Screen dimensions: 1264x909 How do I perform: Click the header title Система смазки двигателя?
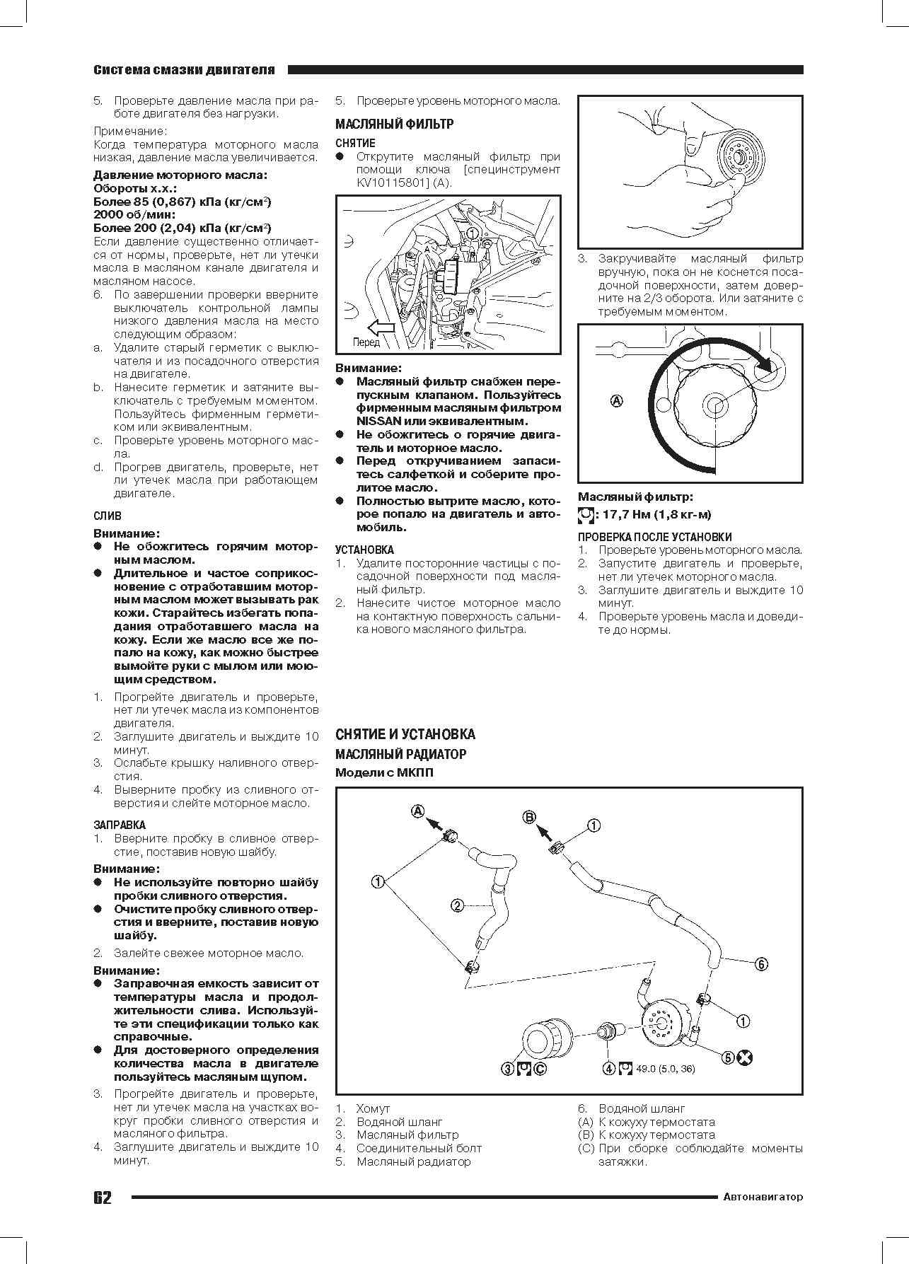184,70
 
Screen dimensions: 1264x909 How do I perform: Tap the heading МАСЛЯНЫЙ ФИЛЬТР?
394,124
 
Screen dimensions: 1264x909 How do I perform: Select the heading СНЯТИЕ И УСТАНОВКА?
405,734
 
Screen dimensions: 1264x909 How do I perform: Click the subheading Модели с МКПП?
384,772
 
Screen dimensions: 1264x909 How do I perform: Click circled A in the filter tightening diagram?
617,401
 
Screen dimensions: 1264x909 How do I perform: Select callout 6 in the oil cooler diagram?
761,963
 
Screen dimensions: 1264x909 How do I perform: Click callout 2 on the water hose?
458,905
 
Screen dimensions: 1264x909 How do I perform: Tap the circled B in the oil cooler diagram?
530,817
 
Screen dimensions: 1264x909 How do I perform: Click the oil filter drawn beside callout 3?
542,1037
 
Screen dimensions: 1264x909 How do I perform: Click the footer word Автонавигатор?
763,1197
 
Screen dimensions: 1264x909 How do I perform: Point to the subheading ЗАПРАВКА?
120,825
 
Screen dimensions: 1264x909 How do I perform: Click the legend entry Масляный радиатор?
413,1161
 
